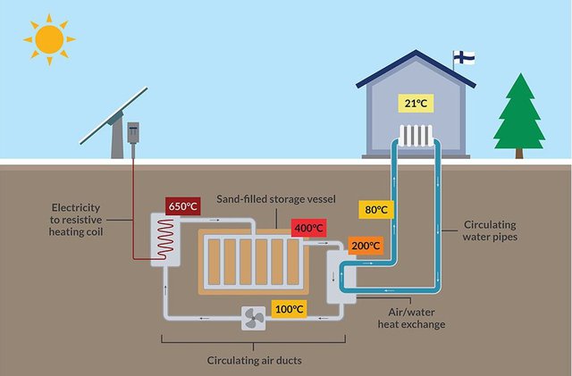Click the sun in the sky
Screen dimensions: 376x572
click(49, 38)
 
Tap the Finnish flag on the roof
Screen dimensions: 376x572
click(464, 57)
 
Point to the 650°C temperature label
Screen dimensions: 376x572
click(183, 206)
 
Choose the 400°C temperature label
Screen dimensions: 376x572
click(309, 229)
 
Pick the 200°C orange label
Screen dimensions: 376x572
click(341, 245)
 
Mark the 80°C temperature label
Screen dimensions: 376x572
click(376, 210)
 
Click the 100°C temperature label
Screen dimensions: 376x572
click(289, 309)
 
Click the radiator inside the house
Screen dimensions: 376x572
click(416, 135)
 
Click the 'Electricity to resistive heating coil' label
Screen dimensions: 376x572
click(79, 219)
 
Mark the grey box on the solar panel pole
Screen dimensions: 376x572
click(135, 132)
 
